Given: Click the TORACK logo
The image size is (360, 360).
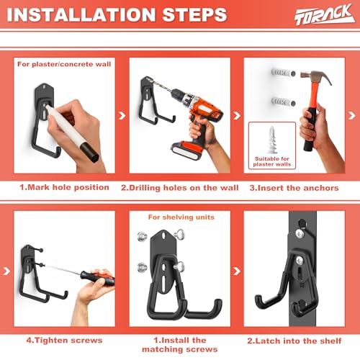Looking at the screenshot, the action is pos(325,15).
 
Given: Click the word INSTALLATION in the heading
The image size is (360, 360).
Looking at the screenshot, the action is pos(81,15).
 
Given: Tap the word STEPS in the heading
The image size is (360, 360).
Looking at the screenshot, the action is pos(194,15).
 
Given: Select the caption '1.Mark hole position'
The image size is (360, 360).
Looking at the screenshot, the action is pos(64,187).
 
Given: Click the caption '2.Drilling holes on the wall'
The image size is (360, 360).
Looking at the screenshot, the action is pos(180,188).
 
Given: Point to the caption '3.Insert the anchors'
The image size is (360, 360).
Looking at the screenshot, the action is pos(294,188).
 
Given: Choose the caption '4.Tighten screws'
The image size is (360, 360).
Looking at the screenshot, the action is pos(64,341).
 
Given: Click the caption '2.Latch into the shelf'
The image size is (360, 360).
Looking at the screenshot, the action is pos(294,341).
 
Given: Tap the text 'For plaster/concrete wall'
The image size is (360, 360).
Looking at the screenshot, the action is pos(64,64).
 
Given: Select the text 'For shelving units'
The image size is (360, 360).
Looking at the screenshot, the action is pos(181,217).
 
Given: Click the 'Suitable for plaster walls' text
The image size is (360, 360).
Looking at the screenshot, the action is pos(272,161).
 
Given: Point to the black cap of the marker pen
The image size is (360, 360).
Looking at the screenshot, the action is pos(89,152).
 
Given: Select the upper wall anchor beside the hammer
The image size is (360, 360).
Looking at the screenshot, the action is pos(283,73).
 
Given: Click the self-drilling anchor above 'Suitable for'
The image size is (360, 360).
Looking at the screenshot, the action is pos(272,140).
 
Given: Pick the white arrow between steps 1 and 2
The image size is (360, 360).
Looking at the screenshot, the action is pos(122,116).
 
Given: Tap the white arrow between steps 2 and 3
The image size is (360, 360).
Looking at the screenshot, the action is pos(237,116).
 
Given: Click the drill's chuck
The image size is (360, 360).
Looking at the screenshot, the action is pos(177,94).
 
